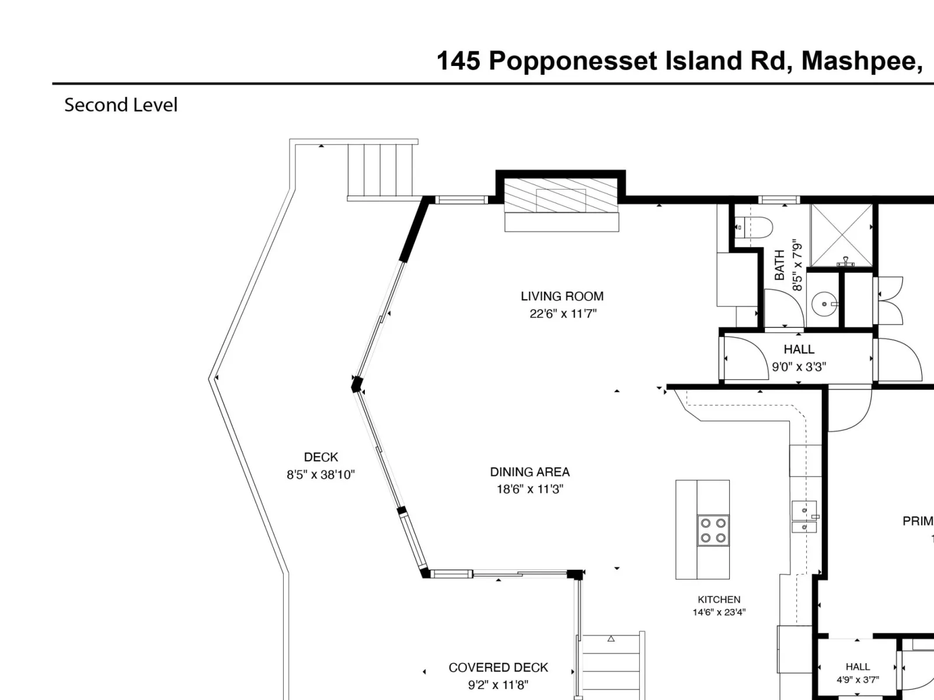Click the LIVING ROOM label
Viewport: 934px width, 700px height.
[x=562, y=296]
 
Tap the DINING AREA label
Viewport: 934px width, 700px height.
[x=530, y=472]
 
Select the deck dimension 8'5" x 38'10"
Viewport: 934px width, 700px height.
[x=320, y=475]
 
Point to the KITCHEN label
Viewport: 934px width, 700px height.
[x=719, y=599]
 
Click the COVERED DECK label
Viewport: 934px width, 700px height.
[x=499, y=668]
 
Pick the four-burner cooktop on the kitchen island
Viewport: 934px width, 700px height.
[x=713, y=530]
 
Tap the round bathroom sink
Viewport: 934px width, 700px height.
[x=824, y=304]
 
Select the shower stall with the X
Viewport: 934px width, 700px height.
[x=841, y=236]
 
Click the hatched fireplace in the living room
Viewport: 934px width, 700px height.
[x=561, y=195]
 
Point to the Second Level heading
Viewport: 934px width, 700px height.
[x=121, y=105]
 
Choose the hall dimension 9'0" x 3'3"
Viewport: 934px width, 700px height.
[x=799, y=367]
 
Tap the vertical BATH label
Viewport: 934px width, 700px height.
[x=779, y=265]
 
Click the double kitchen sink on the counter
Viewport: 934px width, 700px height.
[x=804, y=517]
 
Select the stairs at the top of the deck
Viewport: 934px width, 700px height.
[x=381, y=170]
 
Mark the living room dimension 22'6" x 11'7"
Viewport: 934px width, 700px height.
[x=563, y=314]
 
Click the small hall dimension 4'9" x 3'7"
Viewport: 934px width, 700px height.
[x=858, y=680]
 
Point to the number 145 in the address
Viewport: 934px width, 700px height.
[x=459, y=61]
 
